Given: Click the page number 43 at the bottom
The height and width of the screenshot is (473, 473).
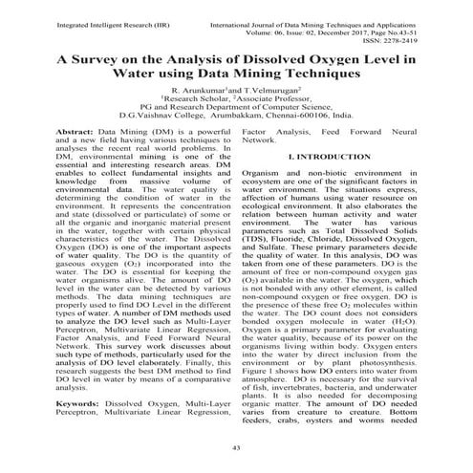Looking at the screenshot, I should point(236,447).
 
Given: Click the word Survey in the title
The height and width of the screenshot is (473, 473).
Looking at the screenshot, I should point(101,57).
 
